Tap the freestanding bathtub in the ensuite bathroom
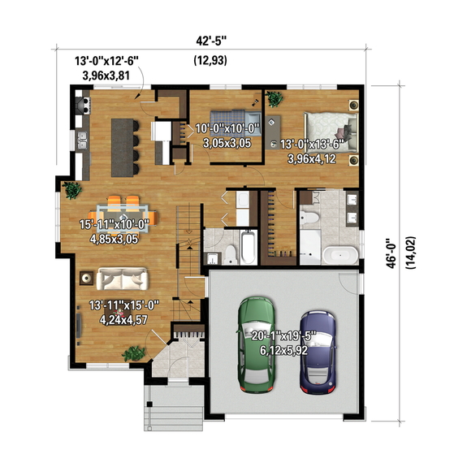[336, 255]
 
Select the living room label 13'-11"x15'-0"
[125, 305]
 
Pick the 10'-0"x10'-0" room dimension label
[227, 129]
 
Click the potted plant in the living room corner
[132, 352]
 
